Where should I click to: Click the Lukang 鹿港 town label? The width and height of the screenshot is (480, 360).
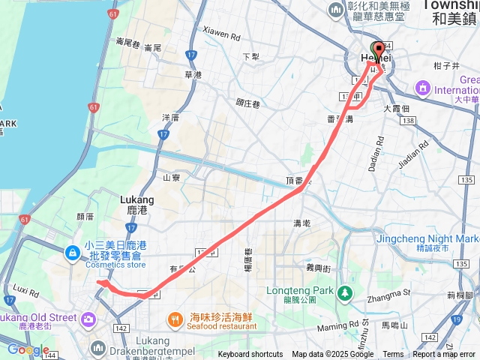pyautogui.click(x=136, y=205)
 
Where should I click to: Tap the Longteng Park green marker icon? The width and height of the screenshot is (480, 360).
pyautogui.click(x=345, y=292)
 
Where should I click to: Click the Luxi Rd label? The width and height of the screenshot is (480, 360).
pyautogui.click(x=25, y=289)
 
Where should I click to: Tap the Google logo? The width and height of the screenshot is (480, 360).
pyautogui.click(x=28, y=349)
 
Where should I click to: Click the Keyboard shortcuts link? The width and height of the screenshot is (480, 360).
pyautogui.click(x=251, y=354)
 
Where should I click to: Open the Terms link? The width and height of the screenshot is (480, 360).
pyautogui.click(x=393, y=354)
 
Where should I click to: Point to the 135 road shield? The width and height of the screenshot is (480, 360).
pyautogui.click(x=467, y=180)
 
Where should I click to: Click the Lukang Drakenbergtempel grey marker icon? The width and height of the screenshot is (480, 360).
pyautogui.click(x=99, y=347)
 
